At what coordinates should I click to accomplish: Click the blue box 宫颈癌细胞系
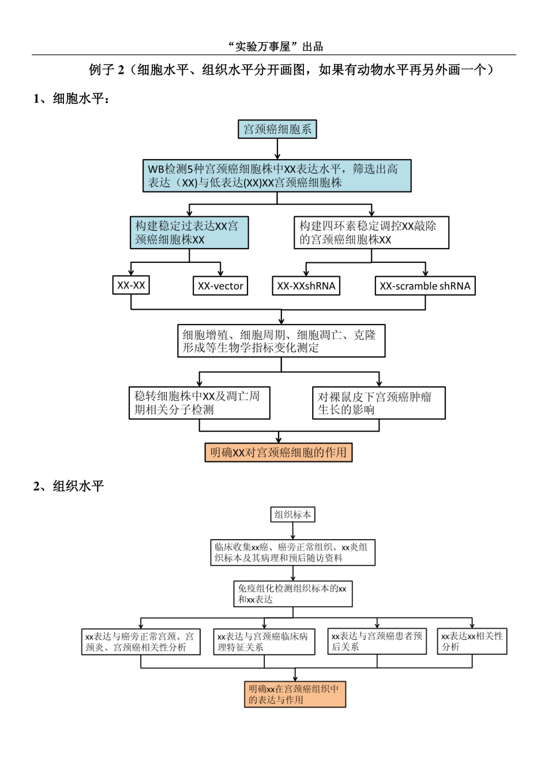tap(277, 129)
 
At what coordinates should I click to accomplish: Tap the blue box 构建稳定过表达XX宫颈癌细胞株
tap(189, 233)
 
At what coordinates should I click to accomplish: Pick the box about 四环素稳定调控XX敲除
tap(371, 233)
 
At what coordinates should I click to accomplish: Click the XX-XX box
tap(131, 285)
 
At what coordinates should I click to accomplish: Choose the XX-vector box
tap(220, 286)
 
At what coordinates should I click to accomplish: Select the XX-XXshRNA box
tap(306, 286)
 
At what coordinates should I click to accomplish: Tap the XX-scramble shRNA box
tap(425, 286)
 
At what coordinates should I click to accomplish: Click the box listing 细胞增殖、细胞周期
tap(281, 341)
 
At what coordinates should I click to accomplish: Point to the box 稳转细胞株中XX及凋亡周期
tap(200, 402)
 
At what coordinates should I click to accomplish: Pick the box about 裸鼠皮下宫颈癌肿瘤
tap(379, 402)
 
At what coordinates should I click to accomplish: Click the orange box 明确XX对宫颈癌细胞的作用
tap(279, 453)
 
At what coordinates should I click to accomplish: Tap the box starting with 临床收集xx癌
tap(292, 552)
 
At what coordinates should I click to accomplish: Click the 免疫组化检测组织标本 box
tap(292, 594)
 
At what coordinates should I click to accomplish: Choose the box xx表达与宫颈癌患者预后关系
tap(377, 641)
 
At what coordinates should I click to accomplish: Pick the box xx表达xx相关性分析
tap(472, 641)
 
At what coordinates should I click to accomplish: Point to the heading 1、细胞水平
tap(72, 99)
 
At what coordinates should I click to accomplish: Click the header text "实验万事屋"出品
tap(275, 47)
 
